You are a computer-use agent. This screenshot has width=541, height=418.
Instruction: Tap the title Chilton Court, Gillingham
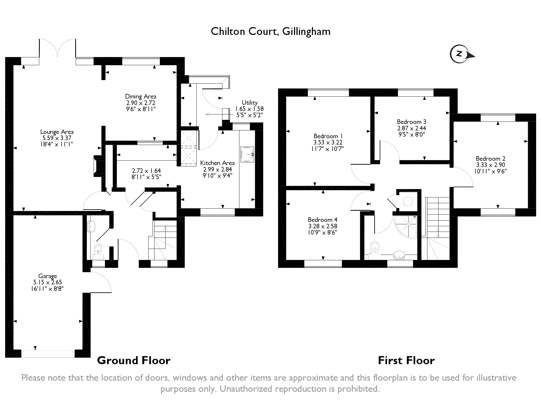[270, 32]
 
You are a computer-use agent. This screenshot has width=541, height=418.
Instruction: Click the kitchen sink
[247, 155]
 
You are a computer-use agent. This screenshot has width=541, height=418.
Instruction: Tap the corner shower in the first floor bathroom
[406, 227]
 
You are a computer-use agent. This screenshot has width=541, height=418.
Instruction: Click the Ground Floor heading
[134, 361]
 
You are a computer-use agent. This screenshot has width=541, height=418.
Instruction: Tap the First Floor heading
[406, 361]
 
